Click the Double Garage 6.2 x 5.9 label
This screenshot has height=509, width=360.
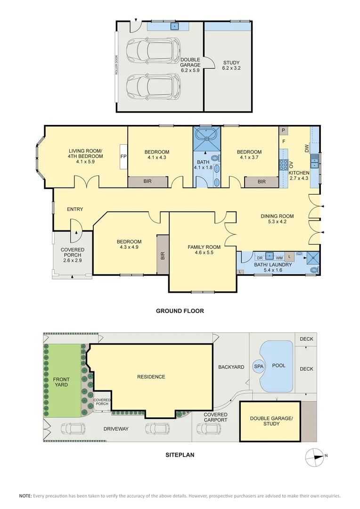click(x=190, y=65)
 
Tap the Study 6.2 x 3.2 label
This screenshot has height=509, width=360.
click(x=231, y=65)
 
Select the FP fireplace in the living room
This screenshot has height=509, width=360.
click(x=123, y=156)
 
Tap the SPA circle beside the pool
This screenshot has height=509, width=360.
click(x=259, y=366)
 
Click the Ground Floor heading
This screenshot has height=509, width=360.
click(x=180, y=311)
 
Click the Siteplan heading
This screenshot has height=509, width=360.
click(x=180, y=455)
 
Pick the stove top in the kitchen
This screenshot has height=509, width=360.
click(x=284, y=164)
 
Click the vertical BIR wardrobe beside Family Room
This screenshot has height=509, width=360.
click(x=163, y=255)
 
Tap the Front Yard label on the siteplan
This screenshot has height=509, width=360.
click(x=61, y=382)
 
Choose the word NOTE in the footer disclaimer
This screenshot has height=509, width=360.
click(x=25, y=496)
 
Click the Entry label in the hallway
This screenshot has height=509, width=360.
click(x=75, y=209)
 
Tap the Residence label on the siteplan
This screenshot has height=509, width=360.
click(x=151, y=377)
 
